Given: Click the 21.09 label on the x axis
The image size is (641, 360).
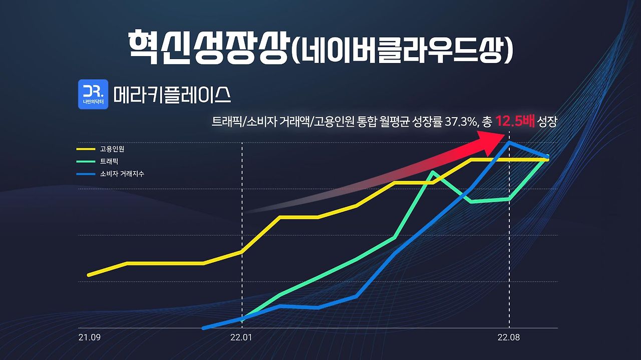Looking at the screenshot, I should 90,337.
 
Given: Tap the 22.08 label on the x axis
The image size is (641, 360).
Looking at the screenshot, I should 509,337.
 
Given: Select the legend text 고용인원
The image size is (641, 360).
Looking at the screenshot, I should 112,149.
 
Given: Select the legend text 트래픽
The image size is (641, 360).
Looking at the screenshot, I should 109,161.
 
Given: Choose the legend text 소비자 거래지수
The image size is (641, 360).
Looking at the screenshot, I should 122,174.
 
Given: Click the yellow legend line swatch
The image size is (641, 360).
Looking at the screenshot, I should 85,149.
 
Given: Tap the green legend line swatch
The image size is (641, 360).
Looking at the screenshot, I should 85,161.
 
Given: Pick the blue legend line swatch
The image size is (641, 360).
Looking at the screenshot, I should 85,174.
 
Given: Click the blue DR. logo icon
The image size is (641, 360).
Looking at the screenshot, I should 93,94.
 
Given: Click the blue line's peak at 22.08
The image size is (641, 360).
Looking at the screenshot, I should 509,142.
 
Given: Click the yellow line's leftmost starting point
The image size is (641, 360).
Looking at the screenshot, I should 89,275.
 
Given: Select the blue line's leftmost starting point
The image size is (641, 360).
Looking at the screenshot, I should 203,328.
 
